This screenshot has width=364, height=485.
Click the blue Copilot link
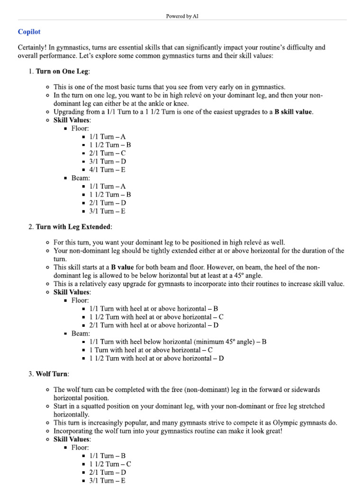(29, 32)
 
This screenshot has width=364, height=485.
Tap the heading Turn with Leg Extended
(73, 227)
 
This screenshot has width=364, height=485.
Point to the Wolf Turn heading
(52, 374)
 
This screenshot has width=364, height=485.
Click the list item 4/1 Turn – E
(107, 170)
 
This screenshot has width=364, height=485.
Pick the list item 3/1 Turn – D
(108, 162)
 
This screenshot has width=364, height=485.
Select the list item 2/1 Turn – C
(108, 153)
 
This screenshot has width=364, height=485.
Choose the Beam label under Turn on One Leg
(80, 178)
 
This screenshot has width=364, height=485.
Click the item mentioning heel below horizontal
(178, 341)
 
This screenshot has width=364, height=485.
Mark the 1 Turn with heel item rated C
(151, 350)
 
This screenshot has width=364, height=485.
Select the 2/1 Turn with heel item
(154, 325)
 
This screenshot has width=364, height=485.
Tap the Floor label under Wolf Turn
(80, 447)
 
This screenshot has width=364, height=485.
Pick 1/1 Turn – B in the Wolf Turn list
(107, 456)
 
